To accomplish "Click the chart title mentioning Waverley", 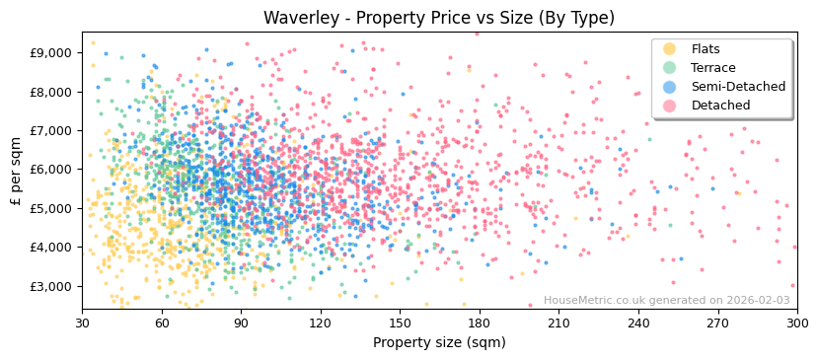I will pos(409,18).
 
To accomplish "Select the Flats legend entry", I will pos(706,49).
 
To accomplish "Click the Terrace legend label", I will pos(711,68).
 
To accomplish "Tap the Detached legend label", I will pos(720,106).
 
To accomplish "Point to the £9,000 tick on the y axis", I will pos(50,52).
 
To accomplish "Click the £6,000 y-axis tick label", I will pos(50,170).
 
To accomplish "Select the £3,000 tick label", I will pos(50,286).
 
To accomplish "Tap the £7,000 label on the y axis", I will pos(50,130).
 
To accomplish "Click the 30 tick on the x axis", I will pos(82,323).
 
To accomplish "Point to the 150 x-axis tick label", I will pos(400,323).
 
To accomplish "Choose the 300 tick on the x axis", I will pos(796,323).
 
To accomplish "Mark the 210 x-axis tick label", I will pos(558,323).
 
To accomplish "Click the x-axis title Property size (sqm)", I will pos(439,342).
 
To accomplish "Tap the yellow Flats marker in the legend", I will pos(670,49).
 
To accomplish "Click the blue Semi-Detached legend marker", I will pos(670,87).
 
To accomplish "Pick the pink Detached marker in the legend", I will pos(670,106).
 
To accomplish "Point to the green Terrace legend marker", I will pos(670,68).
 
